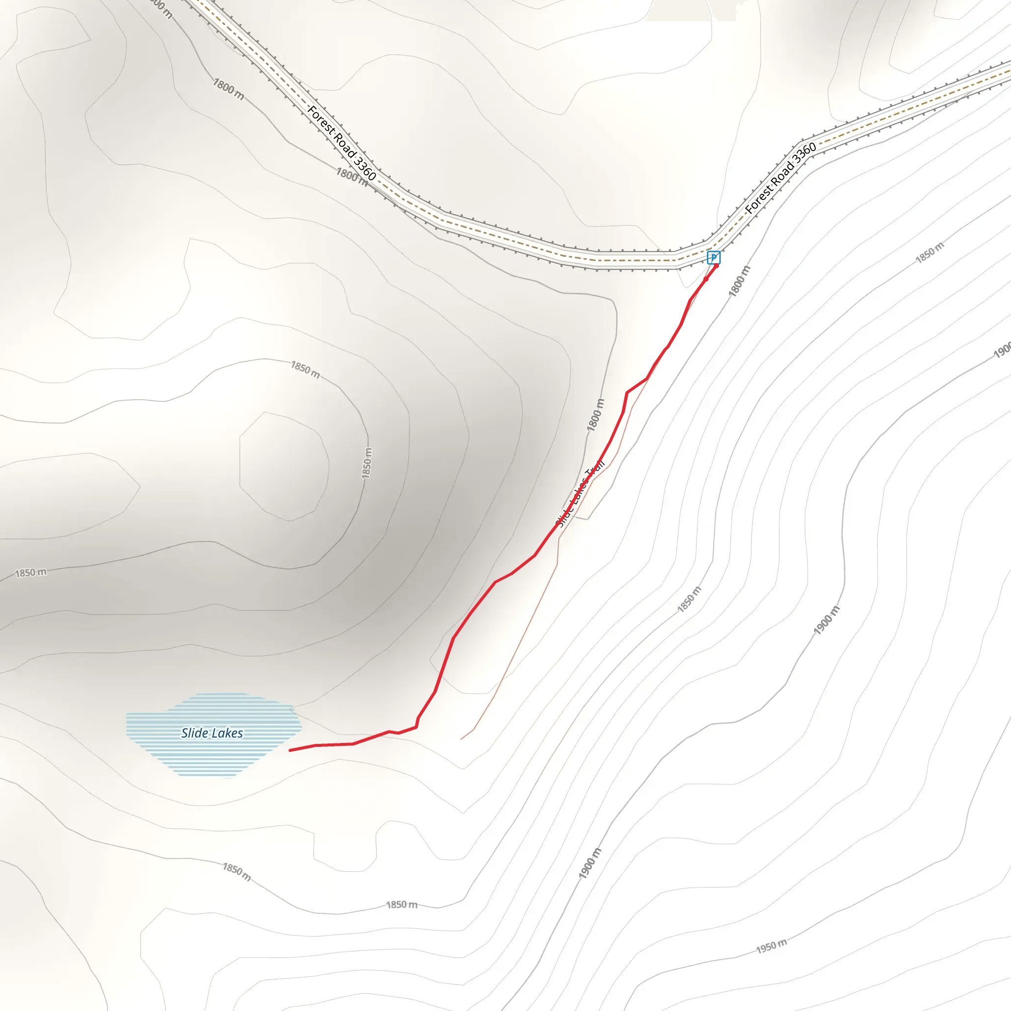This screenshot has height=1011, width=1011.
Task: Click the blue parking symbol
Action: [713, 258]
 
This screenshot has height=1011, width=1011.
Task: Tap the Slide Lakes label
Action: [212, 733]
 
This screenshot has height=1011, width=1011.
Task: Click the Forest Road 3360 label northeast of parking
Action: [780, 178]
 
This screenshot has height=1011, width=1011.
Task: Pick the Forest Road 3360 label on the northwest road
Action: [342, 143]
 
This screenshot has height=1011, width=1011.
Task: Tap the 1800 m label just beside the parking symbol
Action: [739, 281]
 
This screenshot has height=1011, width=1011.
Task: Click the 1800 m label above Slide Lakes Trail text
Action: [595, 415]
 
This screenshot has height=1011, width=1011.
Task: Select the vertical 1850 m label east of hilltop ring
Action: [367, 463]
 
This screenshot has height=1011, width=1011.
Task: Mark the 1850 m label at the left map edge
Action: [30, 573]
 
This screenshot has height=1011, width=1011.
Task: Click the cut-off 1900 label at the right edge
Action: [1002, 350]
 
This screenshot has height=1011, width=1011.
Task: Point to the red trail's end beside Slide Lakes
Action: [290, 750]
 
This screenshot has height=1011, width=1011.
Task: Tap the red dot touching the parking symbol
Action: [716, 266]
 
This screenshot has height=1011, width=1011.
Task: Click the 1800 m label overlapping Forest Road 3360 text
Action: [351, 175]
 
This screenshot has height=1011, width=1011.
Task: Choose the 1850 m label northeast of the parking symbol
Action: [930, 252]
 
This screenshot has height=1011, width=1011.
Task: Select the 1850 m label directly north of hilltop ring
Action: [305, 369]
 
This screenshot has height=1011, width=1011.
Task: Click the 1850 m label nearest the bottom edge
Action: [402, 904]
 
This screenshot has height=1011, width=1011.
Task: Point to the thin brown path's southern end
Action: [461, 739]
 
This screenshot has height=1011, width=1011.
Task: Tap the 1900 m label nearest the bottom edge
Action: [590, 863]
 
